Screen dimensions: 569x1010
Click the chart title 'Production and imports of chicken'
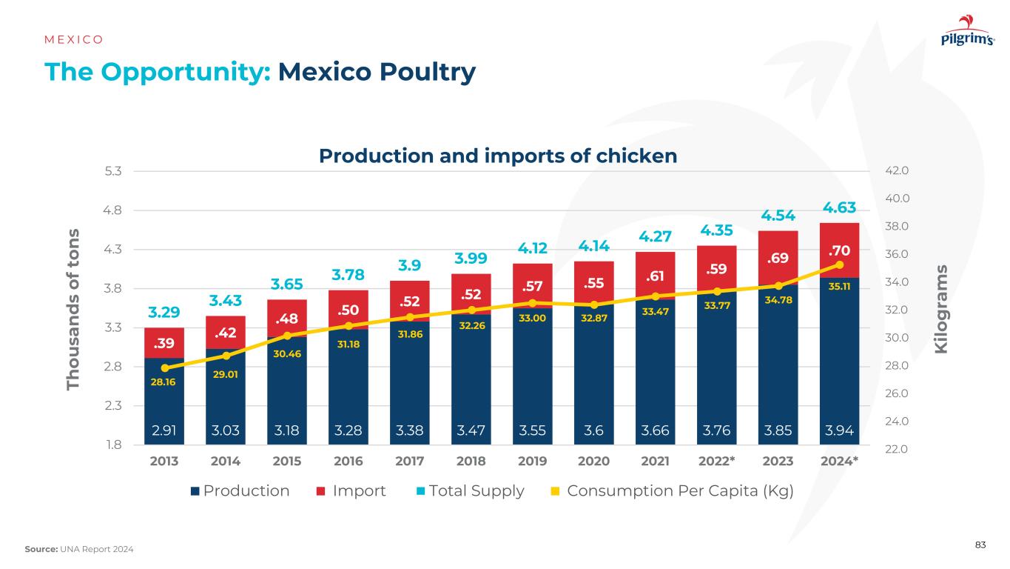[x=498, y=156]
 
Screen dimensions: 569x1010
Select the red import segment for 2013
[x=164, y=342]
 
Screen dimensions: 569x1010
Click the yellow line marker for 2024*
[x=839, y=264]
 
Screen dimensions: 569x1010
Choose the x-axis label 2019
[x=532, y=460]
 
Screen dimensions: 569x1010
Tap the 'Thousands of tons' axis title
[x=73, y=310]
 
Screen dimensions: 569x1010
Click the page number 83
[x=980, y=545]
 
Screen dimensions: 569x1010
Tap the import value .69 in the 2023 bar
[x=778, y=259]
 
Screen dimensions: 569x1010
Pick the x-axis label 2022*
[x=716, y=460]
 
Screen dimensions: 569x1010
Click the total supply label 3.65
[x=287, y=284]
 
